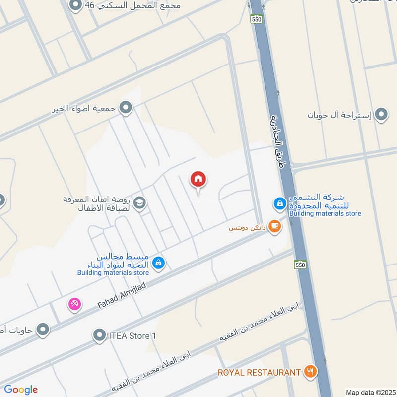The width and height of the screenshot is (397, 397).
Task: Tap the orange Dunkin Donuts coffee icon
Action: [x=274, y=227]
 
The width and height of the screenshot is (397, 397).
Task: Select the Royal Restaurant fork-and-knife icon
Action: [x=311, y=371]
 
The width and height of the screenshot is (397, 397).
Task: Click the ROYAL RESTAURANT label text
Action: [x=260, y=372]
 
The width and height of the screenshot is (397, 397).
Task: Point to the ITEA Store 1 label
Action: [x=132, y=336]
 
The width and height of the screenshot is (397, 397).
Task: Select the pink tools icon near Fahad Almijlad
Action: [x=74, y=303]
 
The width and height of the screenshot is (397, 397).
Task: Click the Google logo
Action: [x=21, y=390]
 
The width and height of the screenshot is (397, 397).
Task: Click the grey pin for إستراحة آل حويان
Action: [x=381, y=115]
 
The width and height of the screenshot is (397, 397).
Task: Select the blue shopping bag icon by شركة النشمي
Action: [x=280, y=203]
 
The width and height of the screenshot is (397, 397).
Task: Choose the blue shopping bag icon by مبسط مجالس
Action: [x=158, y=262]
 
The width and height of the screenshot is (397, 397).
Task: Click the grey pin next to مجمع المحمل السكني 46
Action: [x=75, y=6]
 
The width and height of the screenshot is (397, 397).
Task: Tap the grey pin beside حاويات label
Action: [x=43, y=329]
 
